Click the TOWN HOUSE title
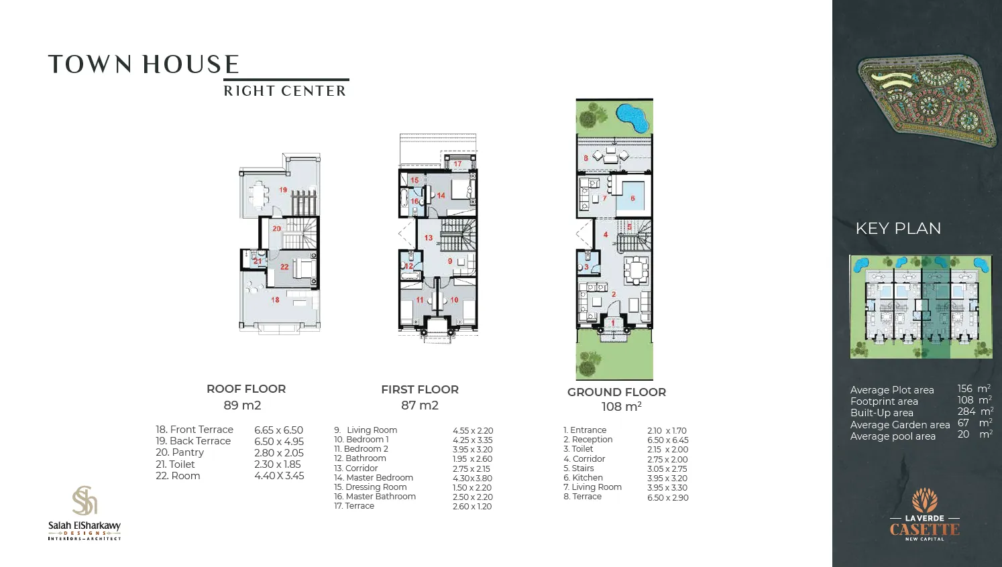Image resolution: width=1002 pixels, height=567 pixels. pos(144,64)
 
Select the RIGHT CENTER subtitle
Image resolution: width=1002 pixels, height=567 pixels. pos(284,91)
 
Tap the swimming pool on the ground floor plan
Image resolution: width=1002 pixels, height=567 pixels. pos(632,117)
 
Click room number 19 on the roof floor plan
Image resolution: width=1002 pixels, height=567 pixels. pos(283,190)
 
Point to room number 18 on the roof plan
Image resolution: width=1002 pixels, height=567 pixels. pos(275,300)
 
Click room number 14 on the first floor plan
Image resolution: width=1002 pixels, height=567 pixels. pos(441,196)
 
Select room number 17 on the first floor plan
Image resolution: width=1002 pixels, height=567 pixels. pos(457,164)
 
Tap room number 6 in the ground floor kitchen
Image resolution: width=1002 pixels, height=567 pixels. pos(632,198)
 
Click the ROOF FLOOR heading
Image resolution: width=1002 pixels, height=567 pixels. pos(246,389)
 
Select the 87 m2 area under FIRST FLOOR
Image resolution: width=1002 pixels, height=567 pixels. pos(420,405)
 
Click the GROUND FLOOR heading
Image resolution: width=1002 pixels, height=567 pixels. pos(616,392)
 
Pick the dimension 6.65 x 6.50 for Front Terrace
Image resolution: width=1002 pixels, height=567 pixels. pos(278,430)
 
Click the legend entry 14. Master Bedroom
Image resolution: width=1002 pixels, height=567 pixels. pos(374,478)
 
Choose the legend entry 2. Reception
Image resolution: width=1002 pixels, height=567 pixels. pos(588,440)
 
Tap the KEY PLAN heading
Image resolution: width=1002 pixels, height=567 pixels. pos(898,229)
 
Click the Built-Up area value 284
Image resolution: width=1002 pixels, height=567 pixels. pos(966,412)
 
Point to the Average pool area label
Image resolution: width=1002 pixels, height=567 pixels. pos(893,436)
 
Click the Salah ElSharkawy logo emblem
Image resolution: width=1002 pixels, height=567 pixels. pos(85,501)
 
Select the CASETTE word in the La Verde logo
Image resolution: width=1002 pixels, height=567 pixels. pos(924,529)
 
